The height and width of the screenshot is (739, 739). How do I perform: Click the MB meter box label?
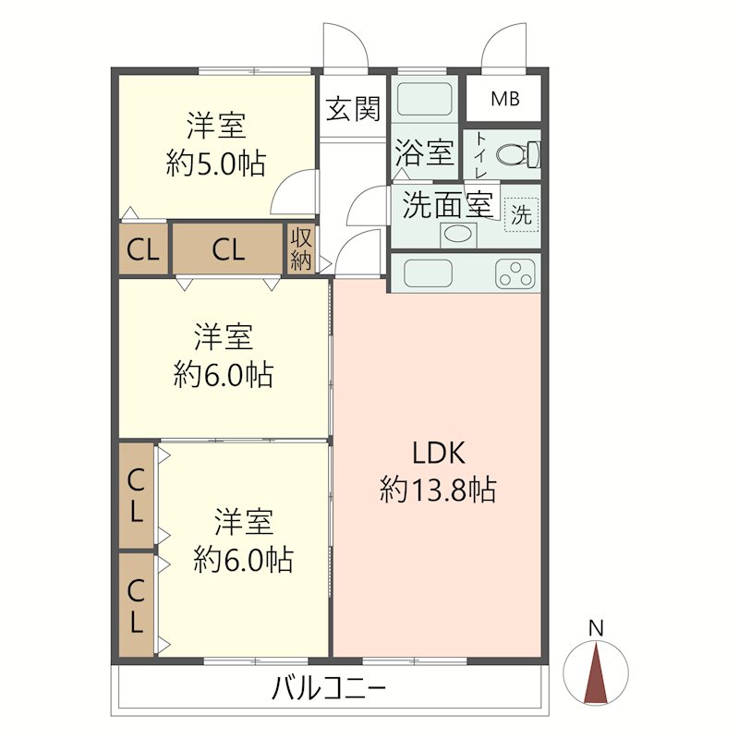[x=504, y=99]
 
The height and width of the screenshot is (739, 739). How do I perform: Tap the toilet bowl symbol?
[x=518, y=154]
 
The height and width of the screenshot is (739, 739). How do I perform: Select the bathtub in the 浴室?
[x=425, y=99]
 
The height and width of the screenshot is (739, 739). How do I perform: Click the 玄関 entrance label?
[x=353, y=109]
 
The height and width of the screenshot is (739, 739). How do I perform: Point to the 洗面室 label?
[x=447, y=205]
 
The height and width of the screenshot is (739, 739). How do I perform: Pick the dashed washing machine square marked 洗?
[x=521, y=215]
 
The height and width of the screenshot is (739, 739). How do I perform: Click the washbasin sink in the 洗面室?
[x=457, y=235]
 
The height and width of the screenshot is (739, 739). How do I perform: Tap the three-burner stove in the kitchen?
[x=515, y=273]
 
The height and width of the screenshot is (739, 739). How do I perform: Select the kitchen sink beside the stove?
[x=429, y=273]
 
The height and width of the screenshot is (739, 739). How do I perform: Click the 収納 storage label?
[x=301, y=248]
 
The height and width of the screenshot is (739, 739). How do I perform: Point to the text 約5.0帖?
[x=216, y=164]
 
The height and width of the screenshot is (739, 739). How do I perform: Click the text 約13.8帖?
[x=438, y=490]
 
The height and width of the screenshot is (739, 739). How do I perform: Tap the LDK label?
[x=439, y=453]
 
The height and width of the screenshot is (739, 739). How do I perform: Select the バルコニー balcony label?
[x=329, y=688]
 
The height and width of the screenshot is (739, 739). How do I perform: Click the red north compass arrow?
[x=596, y=673]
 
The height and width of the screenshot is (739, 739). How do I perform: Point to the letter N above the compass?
[x=596, y=628]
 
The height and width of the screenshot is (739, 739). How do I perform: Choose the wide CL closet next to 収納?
[x=228, y=248]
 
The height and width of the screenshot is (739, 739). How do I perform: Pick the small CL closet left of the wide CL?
[x=143, y=248]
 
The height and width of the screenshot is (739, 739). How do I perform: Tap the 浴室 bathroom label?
[x=424, y=152]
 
